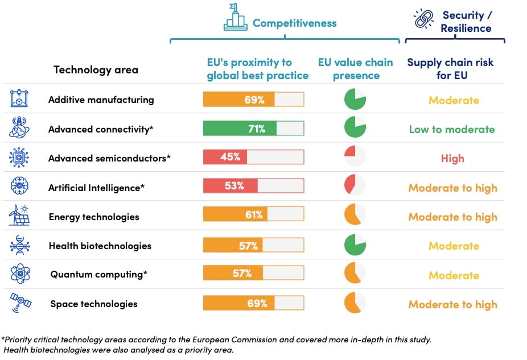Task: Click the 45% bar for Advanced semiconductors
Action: click(x=253, y=157)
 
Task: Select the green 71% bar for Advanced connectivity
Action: click(x=253, y=129)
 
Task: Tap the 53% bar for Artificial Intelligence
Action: click(x=253, y=186)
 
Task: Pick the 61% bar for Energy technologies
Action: click(x=253, y=215)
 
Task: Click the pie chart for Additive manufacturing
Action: click(x=355, y=100)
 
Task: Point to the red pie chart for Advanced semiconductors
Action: click(x=355, y=157)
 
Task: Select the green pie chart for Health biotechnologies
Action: click(x=355, y=245)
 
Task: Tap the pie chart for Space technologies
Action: click(x=355, y=303)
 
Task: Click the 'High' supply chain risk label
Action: click(x=452, y=159)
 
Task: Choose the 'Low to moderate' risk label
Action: click(x=452, y=130)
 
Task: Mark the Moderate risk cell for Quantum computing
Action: click(x=454, y=275)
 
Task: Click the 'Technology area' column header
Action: click(x=96, y=70)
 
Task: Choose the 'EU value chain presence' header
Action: click(x=355, y=69)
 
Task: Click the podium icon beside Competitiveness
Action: click(x=235, y=18)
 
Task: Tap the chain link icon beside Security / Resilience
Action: click(x=423, y=19)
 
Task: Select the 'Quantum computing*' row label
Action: click(x=99, y=275)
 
